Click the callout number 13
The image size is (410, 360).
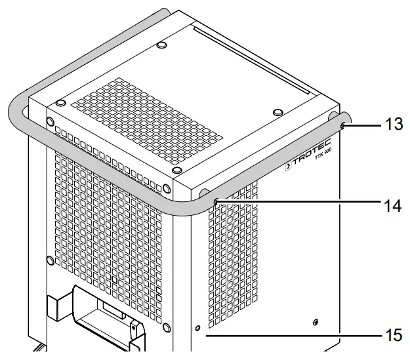pos(394,123)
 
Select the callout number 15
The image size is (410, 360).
pos(393,336)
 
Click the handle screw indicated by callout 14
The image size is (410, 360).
pos(215,203)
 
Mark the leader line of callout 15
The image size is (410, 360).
pos(295,335)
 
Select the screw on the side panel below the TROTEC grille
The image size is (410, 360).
pos(316,321)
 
